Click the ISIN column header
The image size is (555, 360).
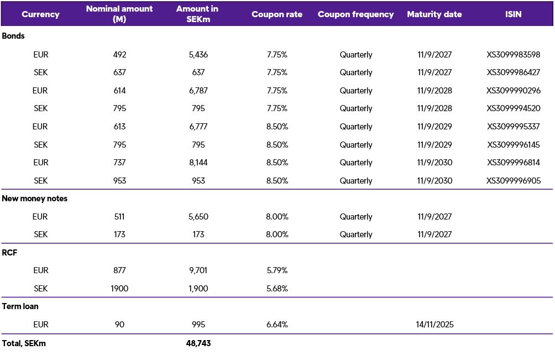tap(513, 14)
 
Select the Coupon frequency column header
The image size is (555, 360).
tap(355, 14)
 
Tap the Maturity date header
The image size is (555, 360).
tap(434, 14)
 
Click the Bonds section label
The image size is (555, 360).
tap(13, 35)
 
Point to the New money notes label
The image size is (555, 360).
tap(35, 199)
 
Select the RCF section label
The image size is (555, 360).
tap(11, 252)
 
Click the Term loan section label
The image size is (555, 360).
tap(20, 306)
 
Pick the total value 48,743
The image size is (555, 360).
tap(198, 343)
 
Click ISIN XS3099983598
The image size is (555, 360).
tap(513, 55)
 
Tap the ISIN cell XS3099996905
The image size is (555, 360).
tap(513, 181)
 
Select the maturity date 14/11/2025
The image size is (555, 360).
tap(435, 325)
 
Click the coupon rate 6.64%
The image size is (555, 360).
tap(276, 325)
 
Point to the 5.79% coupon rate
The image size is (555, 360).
tap(276, 270)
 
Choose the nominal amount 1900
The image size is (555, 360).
tap(119, 289)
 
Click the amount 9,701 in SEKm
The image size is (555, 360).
tap(198, 270)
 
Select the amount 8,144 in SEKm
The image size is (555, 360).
tap(198, 163)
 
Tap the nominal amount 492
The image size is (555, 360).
tap(119, 55)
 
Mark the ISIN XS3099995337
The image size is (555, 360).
tap(513, 127)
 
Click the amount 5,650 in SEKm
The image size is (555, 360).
tap(198, 217)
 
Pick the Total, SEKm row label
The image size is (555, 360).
tap(24, 343)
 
